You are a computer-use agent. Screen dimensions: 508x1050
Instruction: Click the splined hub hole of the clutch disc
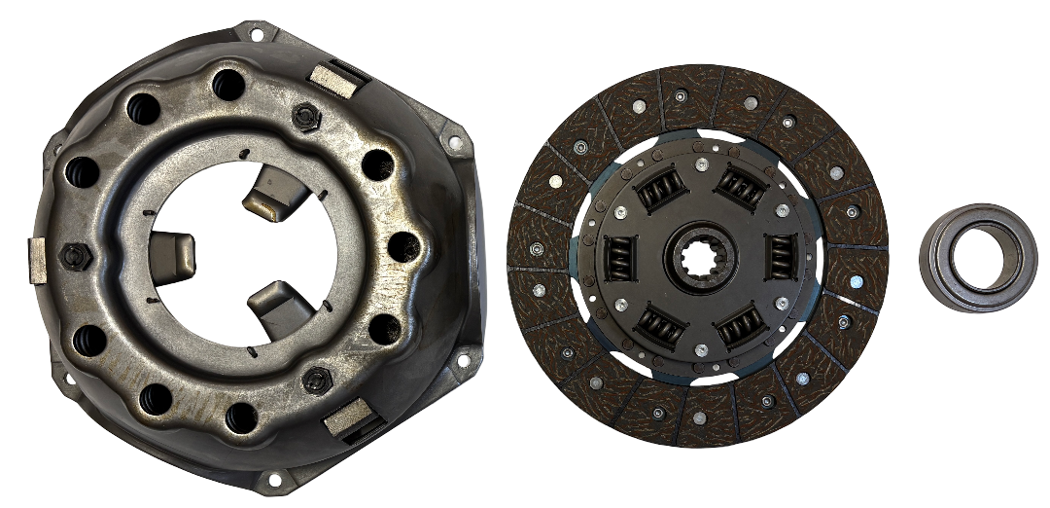pyautogui.click(x=700, y=256)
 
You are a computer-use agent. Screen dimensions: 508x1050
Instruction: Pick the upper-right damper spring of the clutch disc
pyautogui.click(x=741, y=186)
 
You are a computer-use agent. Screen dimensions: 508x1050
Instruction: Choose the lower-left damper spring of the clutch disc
pyautogui.click(x=659, y=327)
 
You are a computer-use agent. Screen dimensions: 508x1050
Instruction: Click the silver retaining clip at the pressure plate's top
pyautogui.click(x=331, y=76)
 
